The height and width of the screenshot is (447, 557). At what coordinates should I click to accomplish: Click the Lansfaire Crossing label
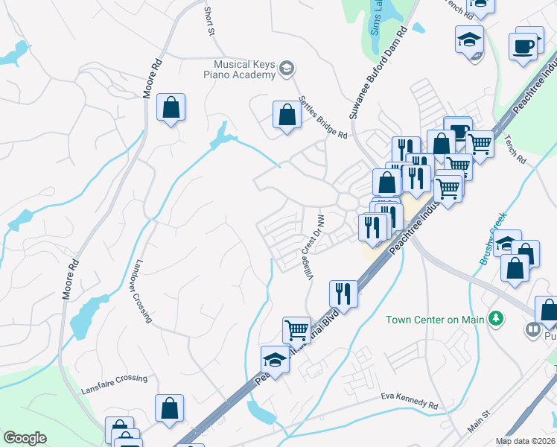pos(115,378)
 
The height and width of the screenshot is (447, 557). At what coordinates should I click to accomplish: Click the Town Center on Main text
pos(435,320)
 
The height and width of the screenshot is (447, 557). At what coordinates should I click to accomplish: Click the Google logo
pos(25,438)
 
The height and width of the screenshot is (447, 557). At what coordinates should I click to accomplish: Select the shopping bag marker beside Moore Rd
pos(171,108)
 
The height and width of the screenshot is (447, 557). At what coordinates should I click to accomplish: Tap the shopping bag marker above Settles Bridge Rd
pos(287,116)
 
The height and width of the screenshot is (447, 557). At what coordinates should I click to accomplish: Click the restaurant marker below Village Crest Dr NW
pos(343,292)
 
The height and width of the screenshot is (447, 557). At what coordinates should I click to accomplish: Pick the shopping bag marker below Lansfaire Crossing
pos(169,408)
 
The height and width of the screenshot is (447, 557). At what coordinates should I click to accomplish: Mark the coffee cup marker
pos(528,45)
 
